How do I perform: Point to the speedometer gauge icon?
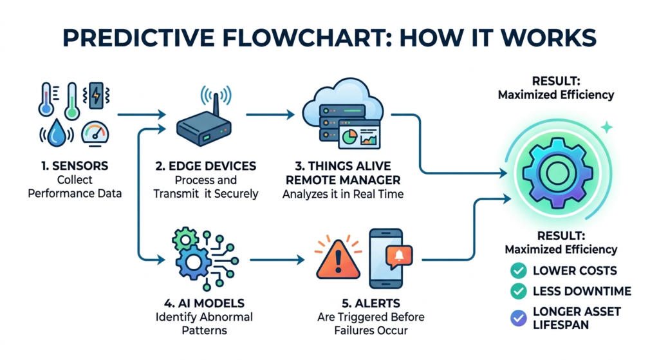point(95,134)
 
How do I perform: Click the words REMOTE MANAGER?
point(343,180)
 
